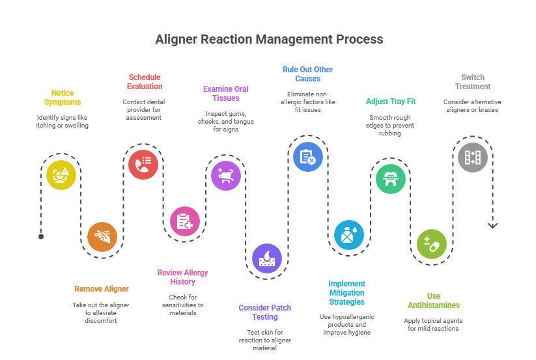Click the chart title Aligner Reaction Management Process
tap(269, 39)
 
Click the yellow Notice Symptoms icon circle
tap(61, 174)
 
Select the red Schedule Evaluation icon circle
tap(143, 164)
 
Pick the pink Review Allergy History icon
tap(185, 221)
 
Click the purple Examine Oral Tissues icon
tap(226, 175)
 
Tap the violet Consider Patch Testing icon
tap(267, 258)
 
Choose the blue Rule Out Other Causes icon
tap(308, 156)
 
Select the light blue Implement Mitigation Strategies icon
tap(349, 234)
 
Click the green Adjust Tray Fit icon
tap(391, 178)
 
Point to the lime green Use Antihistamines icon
tap(432, 244)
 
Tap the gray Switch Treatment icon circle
tap(473, 157)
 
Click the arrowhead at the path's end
tap(493, 225)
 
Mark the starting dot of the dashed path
tap(41, 236)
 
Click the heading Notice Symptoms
tap(63, 98)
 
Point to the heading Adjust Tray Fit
tap(391, 102)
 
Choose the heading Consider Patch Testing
tap(264, 312)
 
